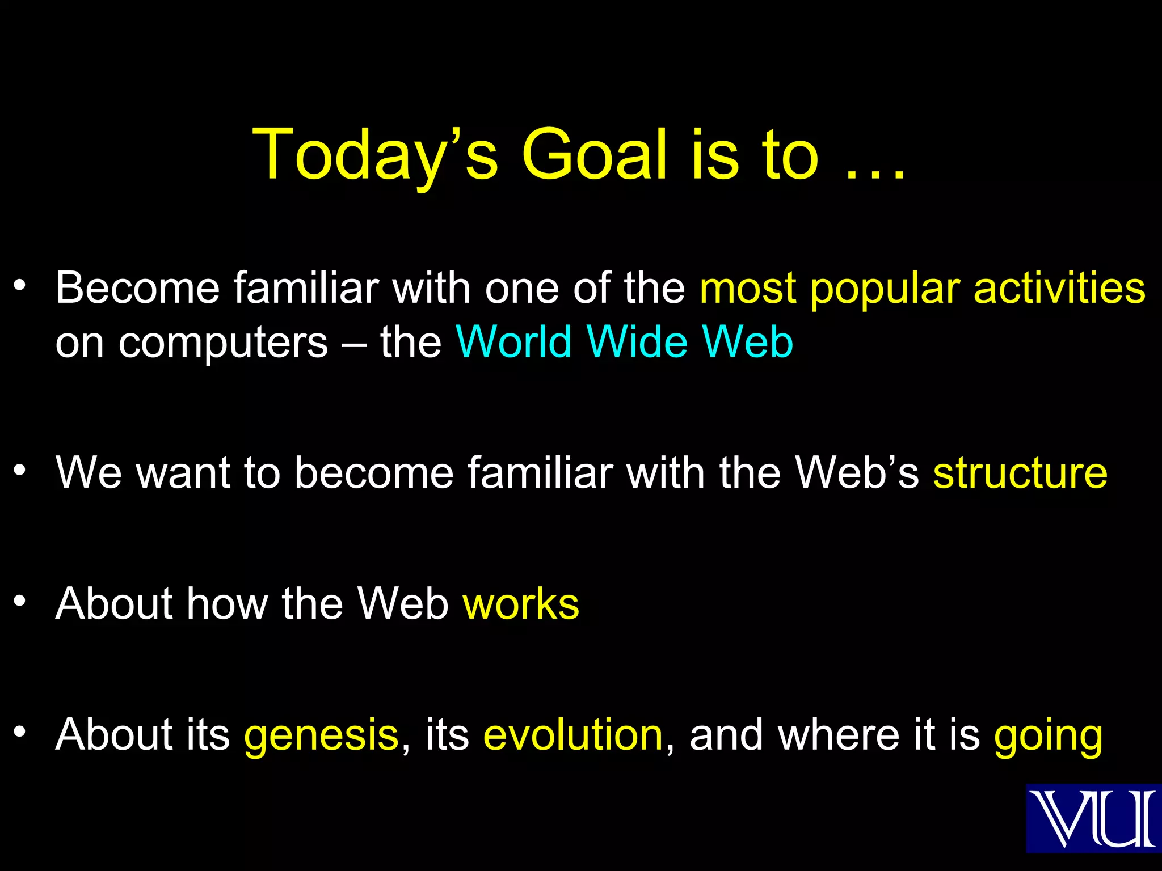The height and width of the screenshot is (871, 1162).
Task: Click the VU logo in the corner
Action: [x=1093, y=818]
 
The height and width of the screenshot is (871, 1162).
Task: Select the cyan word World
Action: [x=513, y=343]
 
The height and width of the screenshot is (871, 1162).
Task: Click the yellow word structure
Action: [x=1020, y=473]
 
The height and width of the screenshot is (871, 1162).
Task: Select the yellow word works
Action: [x=521, y=603]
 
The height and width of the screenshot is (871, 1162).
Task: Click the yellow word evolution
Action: [x=573, y=735]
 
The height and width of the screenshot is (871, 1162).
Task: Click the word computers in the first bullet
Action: [x=223, y=344]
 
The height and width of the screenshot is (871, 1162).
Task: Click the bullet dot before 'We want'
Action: [x=20, y=470]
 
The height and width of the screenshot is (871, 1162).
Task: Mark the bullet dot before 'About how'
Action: [x=20, y=601]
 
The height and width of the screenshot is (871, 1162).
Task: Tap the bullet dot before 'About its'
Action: [x=20, y=732]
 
